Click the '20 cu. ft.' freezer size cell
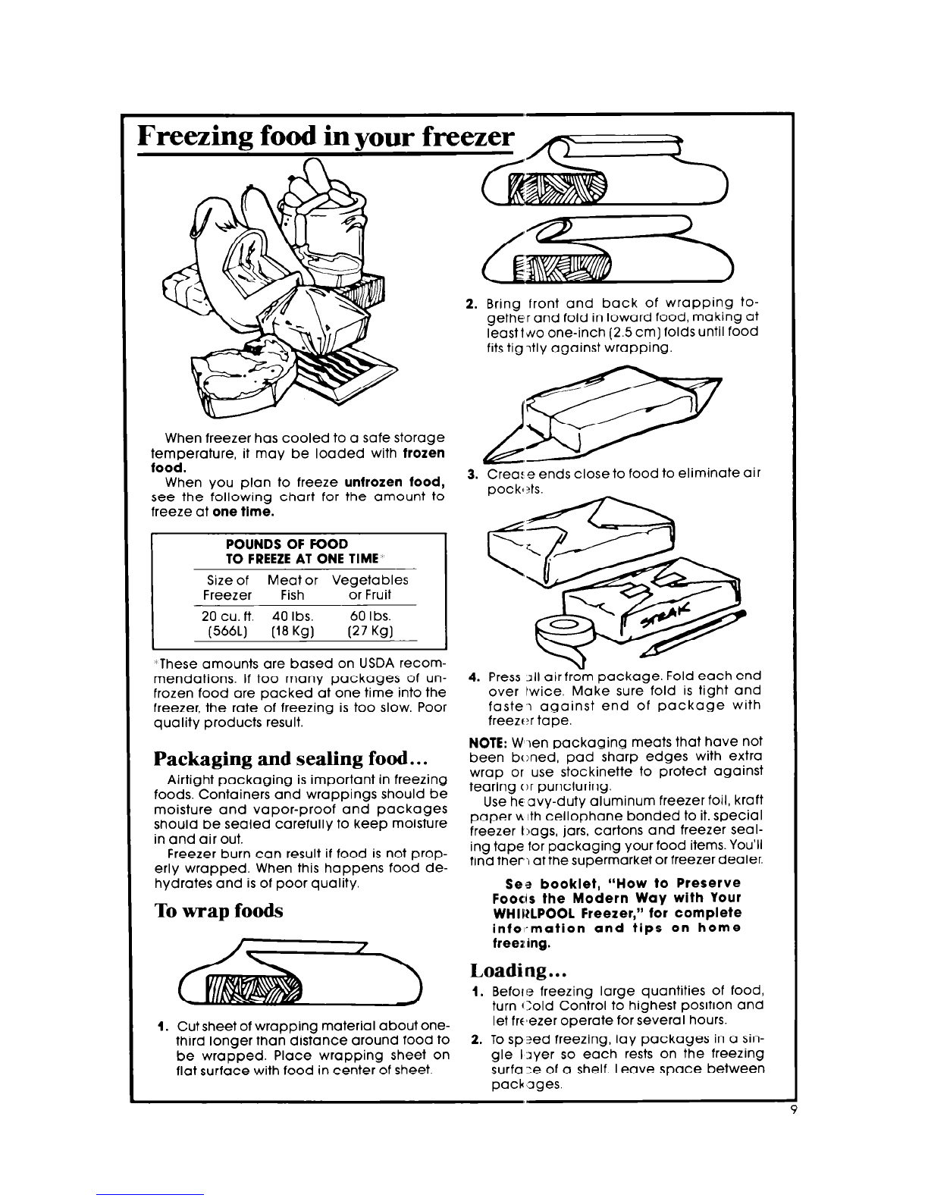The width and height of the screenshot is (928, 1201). [x=221, y=615]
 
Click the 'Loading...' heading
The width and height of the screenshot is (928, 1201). [x=513, y=971]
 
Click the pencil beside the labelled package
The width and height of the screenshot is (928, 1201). [x=698, y=629]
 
